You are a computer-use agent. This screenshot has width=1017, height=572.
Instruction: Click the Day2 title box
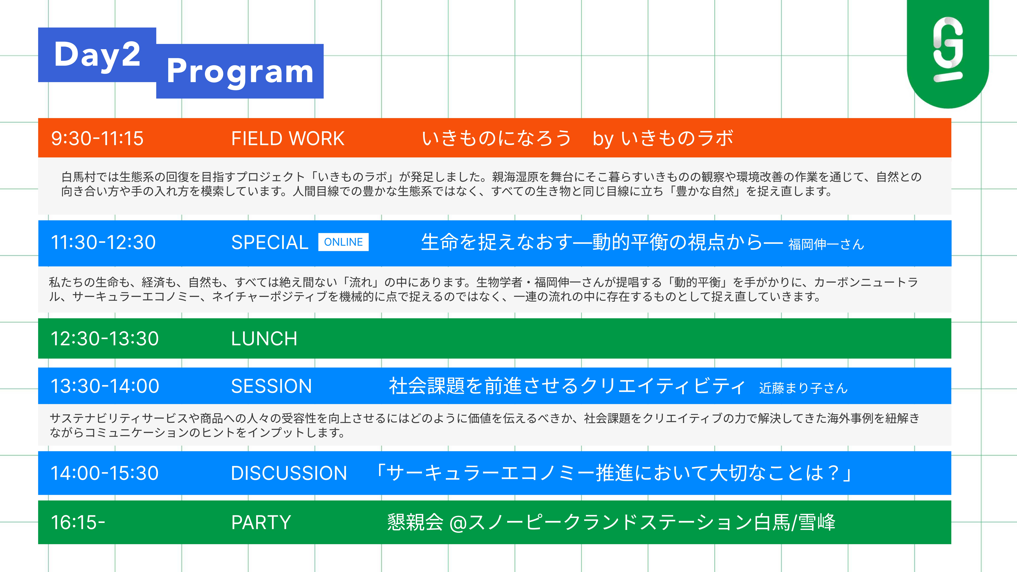click(x=97, y=55)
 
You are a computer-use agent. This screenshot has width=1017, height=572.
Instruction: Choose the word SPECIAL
click(x=270, y=242)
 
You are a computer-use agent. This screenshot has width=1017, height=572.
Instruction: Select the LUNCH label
click(x=264, y=339)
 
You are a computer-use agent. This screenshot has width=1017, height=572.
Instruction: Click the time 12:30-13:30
click(x=105, y=339)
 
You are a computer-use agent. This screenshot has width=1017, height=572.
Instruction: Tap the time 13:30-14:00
click(x=105, y=386)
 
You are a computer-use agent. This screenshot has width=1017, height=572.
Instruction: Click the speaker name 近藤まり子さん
click(x=803, y=388)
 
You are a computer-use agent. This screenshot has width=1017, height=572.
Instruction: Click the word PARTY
click(x=261, y=522)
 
